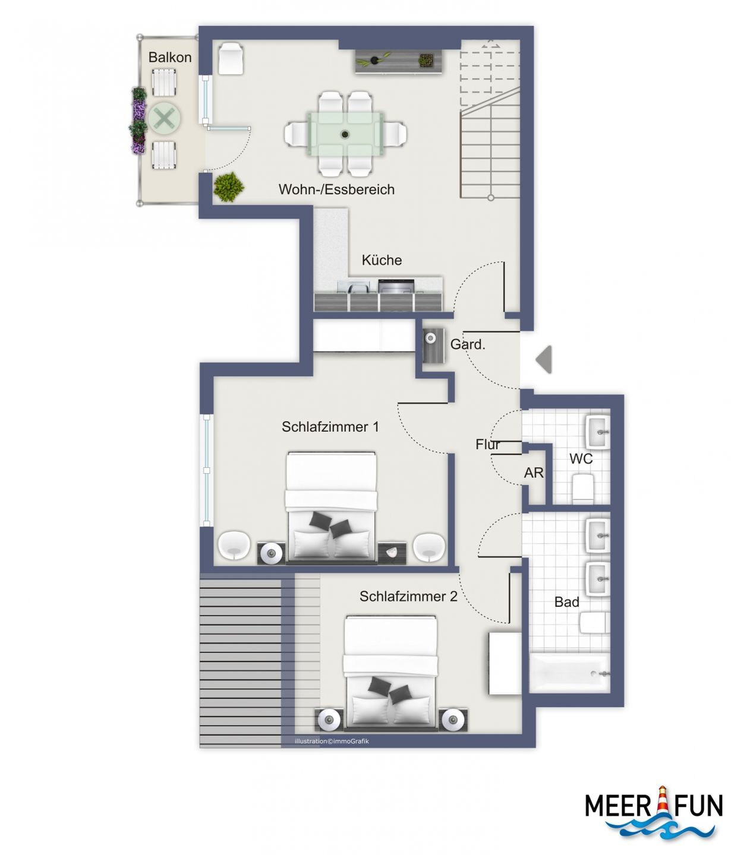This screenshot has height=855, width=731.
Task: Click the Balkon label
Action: pyautogui.click(x=170, y=57)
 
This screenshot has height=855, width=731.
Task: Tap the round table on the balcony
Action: pyautogui.click(x=165, y=119)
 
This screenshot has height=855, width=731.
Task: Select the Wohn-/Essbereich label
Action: pyautogui.click(x=336, y=189)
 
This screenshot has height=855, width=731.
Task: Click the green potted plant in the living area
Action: pyautogui.click(x=228, y=187)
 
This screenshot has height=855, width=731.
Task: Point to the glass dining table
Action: pyautogui.click(x=345, y=134)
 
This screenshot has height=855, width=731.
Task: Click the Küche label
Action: pyautogui.click(x=381, y=260)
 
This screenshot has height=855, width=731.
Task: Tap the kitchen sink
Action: pyautogui.click(x=354, y=286)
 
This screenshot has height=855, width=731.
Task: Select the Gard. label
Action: pyautogui.click(x=467, y=344)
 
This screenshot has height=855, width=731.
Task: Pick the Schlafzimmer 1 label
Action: pyautogui.click(x=330, y=426)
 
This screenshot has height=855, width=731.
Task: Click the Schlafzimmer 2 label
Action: pyautogui.click(x=408, y=596)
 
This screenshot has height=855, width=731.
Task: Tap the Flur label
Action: pyautogui.click(x=487, y=445)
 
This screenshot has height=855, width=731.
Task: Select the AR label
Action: pyautogui.click(x=533, y=473)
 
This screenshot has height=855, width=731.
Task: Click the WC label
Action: pyautogui.click(x=581, y=458)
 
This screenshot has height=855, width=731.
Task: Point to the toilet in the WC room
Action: pyautogui.click(x=583, y=489)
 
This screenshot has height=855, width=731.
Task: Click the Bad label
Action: pyautogui.click(x=566, y=602)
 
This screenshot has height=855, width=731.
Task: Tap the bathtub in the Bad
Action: pyautogui.click(x=569, y=672)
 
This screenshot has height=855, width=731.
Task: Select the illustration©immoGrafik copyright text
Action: pyautogui.click(x=332, y=741)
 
